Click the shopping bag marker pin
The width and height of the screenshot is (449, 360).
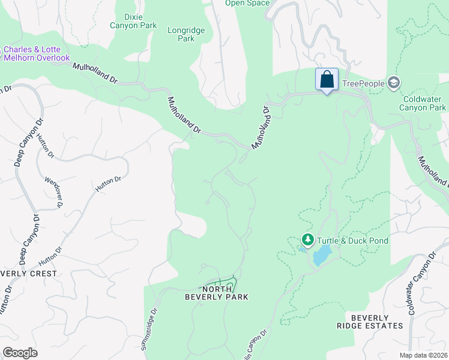[x=327, y=80]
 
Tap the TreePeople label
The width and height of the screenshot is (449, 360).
[x=363, y=83]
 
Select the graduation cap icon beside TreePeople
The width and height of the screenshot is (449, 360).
[x=394, y=82]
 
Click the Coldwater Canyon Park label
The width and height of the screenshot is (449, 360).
[x=423, y=103]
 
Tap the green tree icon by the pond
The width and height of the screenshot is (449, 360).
[x=308, y=241]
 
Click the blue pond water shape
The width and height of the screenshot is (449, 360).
[x=322, y=255]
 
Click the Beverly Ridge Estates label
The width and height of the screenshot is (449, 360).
[x=377, y=322]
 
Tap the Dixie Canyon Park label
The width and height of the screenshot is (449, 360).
[x=133, y=21]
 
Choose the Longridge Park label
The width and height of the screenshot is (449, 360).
[x=187, y=34]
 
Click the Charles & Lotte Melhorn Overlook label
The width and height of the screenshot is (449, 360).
[x=36, y=54]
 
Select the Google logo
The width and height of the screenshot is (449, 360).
[x=20, y=353]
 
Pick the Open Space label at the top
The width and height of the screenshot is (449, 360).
[x=247, y=3]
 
